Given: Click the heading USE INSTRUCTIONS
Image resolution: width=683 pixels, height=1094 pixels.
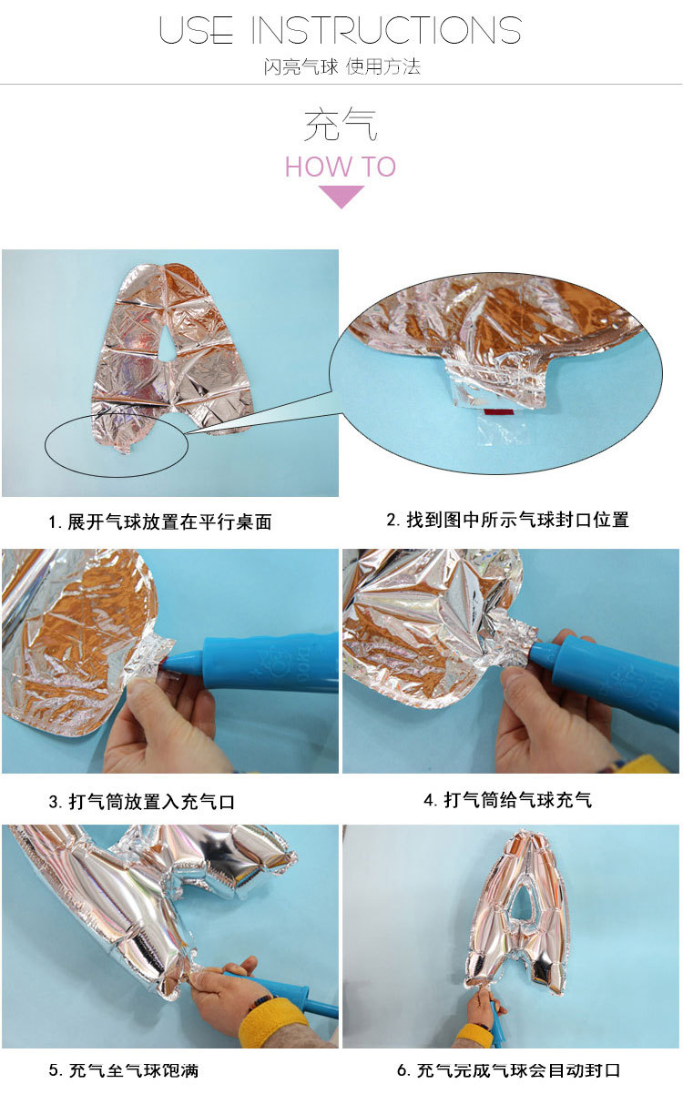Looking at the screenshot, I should pyautogui.click(x=341, y=30).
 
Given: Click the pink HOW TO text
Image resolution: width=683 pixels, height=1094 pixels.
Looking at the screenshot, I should pyautogui.click(x=341, y=167).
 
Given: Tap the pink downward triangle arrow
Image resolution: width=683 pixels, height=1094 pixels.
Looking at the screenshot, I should pyautogui.click(x=341, y=196).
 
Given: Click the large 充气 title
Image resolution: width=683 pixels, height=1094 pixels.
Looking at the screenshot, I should pyautogui.click(x=341, y=125).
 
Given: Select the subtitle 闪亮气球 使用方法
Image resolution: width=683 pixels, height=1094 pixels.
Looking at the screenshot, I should pyautogui.click(x=341, y=67).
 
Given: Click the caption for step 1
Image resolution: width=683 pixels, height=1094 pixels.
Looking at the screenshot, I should pyautogui.click(x=160, y=522).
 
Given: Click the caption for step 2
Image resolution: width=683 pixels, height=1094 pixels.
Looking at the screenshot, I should pyautogui.click(x=507, y=520).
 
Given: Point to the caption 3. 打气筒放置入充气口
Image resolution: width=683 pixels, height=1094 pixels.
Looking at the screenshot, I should pyautogui.click(x=141, y=802).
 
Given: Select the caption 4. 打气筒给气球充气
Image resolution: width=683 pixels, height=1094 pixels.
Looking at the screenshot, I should pyautogui.click(x=507, y=800).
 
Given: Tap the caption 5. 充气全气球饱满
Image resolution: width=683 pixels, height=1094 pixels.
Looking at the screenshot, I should pyautogui.click(x=133, y=1069).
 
